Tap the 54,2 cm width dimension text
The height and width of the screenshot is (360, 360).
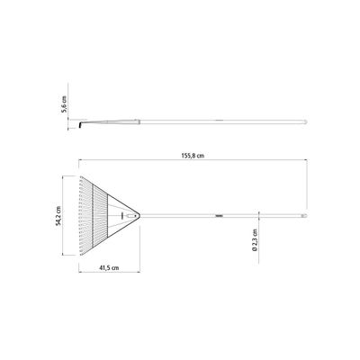click(x=58, y=215)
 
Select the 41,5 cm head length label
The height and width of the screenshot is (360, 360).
click(x=109, y=268)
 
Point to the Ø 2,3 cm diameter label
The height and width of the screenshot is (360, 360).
click(x=255, y=239)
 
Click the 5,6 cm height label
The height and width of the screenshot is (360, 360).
click(x=64, y=104)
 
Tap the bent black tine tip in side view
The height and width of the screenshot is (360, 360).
click(x=80, y=124)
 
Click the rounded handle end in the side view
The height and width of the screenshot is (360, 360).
click(x=305, y=121)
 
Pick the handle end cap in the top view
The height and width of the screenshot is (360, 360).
click(x=304, y=215)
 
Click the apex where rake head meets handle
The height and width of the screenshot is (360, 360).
click(x=139, y=215)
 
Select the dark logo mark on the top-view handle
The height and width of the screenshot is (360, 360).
click(x=220, y=215)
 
